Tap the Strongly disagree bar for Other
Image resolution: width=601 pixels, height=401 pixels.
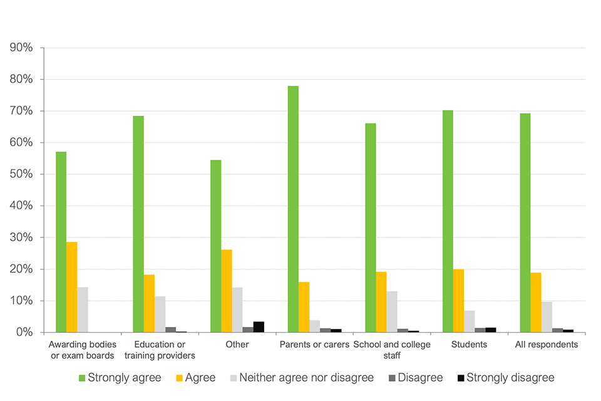pos(259,326)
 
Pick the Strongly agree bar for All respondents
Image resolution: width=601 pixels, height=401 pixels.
pos(525,222)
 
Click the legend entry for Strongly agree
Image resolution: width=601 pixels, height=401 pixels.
pos(120,378)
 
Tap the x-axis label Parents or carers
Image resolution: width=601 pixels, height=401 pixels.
pos(314,345)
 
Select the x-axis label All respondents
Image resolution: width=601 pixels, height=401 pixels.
pos(547,345)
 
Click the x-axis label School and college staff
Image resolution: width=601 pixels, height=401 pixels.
pos(392,350)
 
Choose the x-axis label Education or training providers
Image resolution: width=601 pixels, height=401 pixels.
pos(160,350)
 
